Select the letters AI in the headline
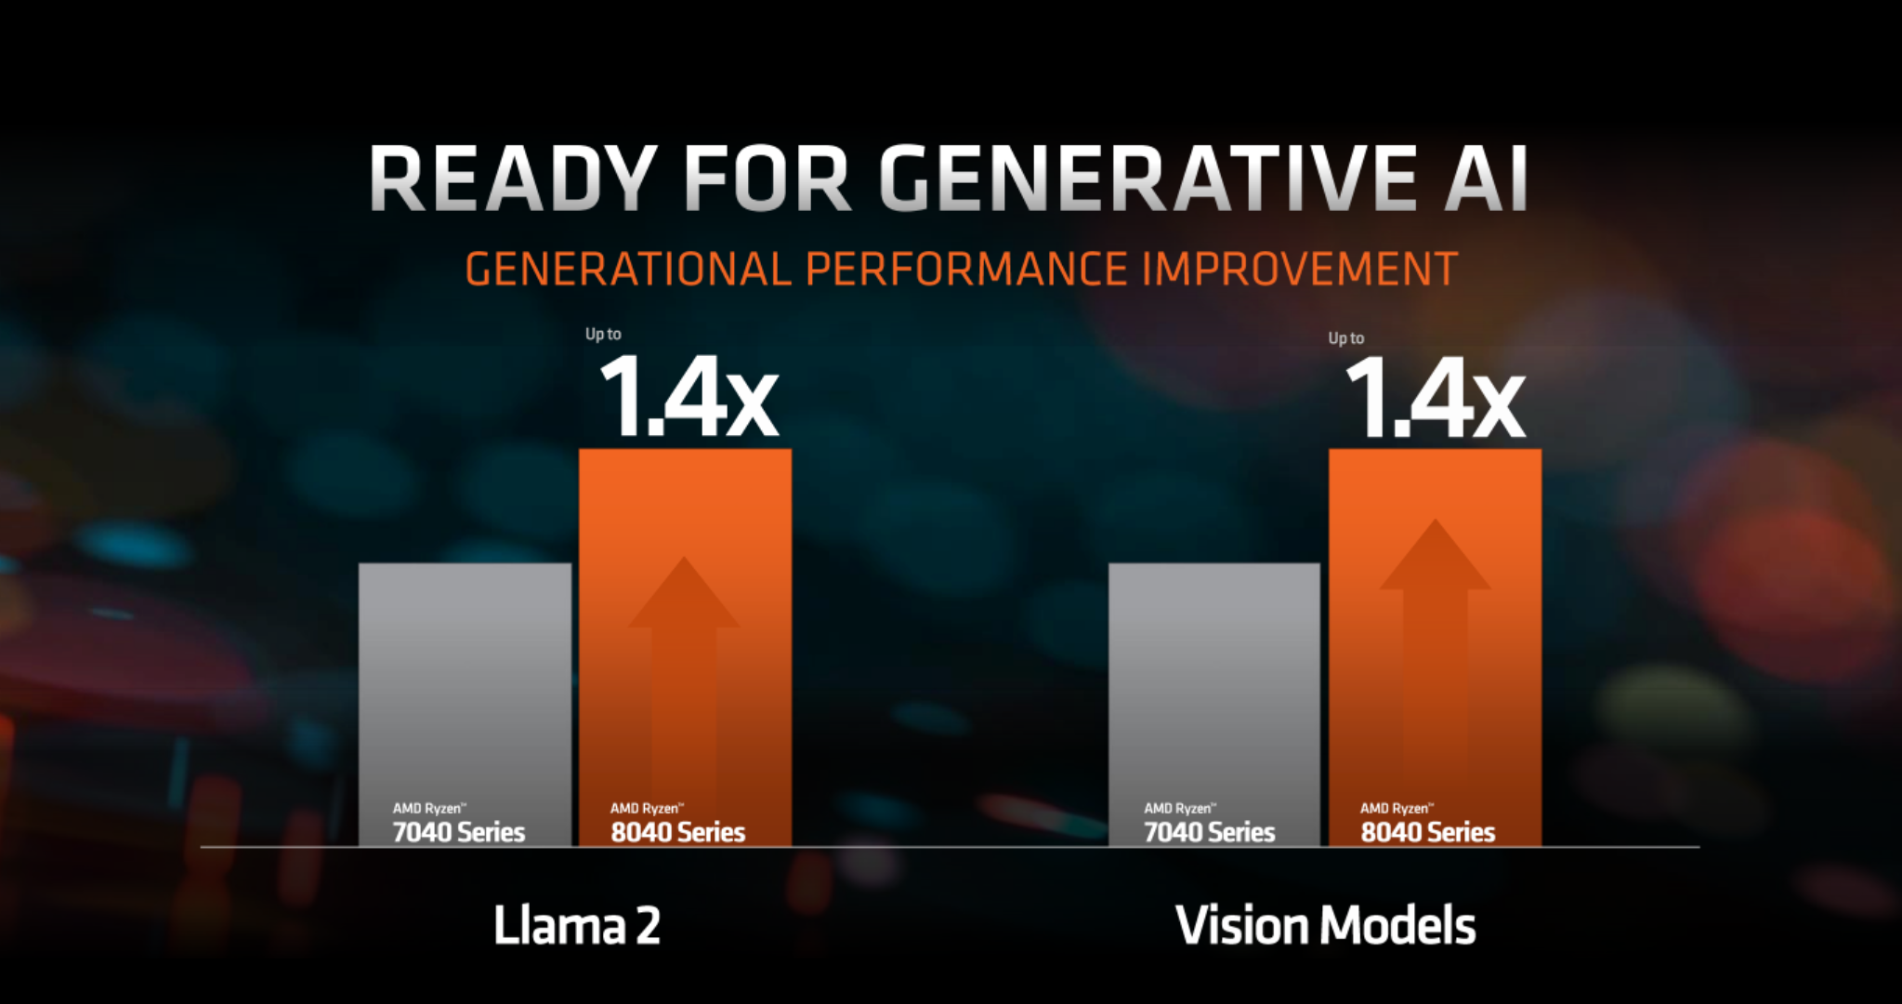click(1486, 178)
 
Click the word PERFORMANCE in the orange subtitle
click(966, 270)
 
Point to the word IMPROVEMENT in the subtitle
click(1299, 270)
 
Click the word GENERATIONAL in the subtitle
click(627, 270)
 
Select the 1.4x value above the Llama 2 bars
click(689, 398)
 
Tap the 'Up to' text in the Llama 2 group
click(603, 334)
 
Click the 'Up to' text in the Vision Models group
click(1345, 338)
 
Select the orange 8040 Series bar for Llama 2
click(685, 502)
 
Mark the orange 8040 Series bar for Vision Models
click(1435, 483)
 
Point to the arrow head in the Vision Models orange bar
click(1435, 558)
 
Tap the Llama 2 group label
click(576, 926)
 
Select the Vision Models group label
click(1325, 926)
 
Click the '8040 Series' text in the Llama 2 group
click(677, 832)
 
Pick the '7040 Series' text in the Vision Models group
click(1209, 832)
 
